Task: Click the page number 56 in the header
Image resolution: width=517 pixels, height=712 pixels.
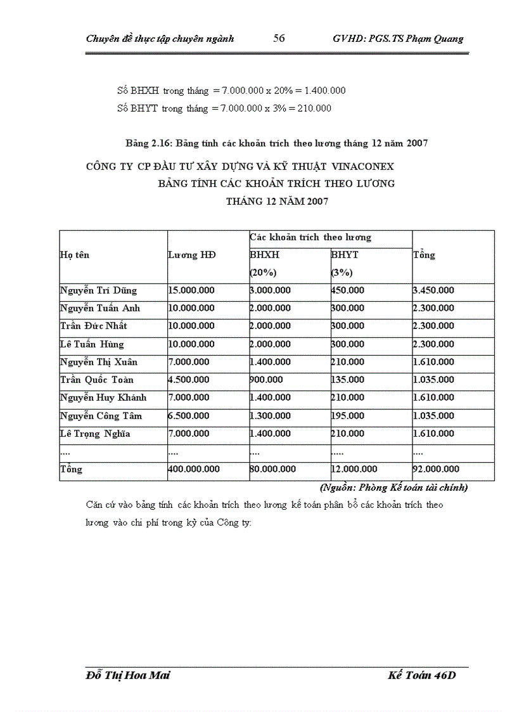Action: tap(279, 38)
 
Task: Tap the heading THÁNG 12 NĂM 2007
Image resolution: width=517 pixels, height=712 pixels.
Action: tap(277, 202)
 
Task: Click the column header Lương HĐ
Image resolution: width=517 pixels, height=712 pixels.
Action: tap(191, 255)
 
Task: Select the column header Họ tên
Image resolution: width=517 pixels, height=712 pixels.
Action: tap(75, 255)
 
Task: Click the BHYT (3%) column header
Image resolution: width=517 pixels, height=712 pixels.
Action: tap(345, 263)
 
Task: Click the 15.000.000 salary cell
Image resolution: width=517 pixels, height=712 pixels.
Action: tap(191, 290)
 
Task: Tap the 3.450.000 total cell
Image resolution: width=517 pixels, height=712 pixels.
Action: tap(433, 290)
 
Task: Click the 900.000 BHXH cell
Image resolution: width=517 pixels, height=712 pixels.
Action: tap(267, 380)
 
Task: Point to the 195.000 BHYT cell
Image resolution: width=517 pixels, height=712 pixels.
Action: tap(348, 416)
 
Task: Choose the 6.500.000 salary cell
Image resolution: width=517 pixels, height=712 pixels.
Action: tap(189, 416)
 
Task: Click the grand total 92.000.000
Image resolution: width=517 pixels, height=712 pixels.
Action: tap(436, 469)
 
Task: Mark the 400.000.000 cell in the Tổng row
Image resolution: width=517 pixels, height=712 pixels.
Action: tap(194, 469)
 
